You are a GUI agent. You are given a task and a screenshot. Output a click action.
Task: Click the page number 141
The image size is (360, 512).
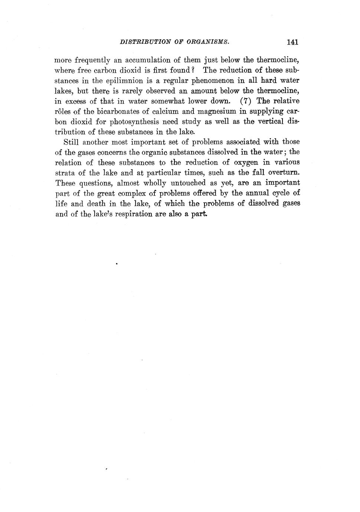coord(292,42)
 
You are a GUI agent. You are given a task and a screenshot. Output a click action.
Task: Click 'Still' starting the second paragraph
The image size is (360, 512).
coord(71,142)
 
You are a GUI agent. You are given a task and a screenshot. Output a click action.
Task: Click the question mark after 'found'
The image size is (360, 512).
coord(193,70)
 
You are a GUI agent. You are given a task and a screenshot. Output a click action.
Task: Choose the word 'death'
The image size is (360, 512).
coord(96,204)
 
